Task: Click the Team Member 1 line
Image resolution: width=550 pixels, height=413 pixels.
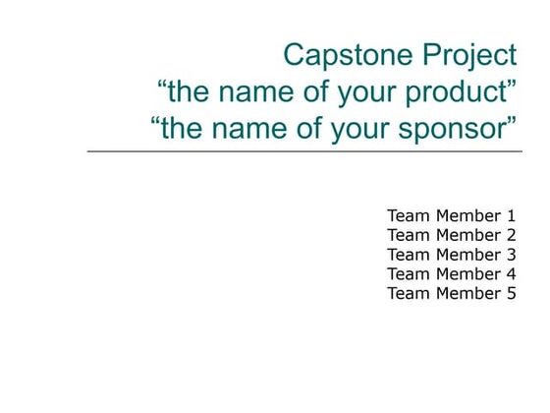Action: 451,215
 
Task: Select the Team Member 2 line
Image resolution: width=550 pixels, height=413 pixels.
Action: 451,235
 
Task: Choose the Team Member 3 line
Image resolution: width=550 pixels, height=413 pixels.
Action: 451,255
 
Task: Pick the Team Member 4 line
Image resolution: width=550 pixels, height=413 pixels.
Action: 451,273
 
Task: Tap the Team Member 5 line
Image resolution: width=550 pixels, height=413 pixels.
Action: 451,293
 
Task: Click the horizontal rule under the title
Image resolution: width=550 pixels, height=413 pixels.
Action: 304,151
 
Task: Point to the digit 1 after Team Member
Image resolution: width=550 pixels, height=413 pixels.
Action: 511,215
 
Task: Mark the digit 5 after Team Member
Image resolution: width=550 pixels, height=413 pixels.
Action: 511,293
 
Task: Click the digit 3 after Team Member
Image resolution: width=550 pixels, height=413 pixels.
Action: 511,255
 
